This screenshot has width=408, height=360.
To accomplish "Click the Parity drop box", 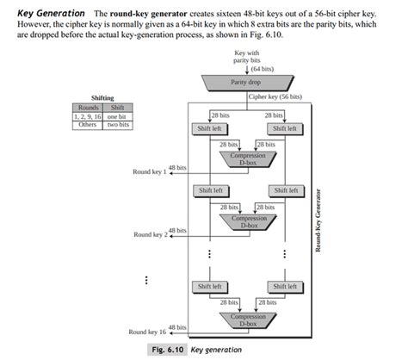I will click(245, 82).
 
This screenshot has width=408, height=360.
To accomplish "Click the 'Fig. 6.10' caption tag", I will click(162, 351).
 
